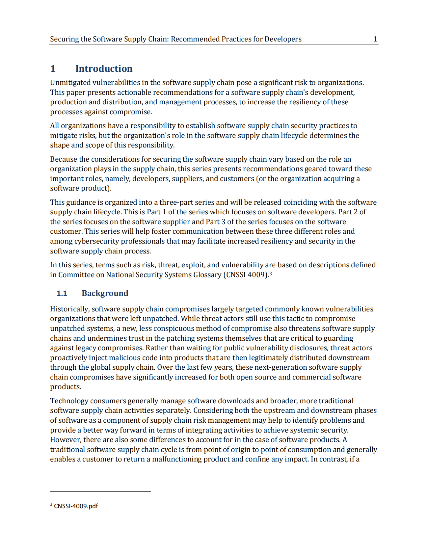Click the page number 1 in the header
pos(375,39)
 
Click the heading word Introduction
pos(104,68)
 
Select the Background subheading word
pos(105,293)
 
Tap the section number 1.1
pos(62,293)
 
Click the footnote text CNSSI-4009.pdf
pos(76,506)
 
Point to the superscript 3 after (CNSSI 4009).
pos(270,273)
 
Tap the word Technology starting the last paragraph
pos(69,401)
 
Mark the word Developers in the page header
pos(283,39)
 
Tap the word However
pos(65,440)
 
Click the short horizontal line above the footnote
pos(100,492)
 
